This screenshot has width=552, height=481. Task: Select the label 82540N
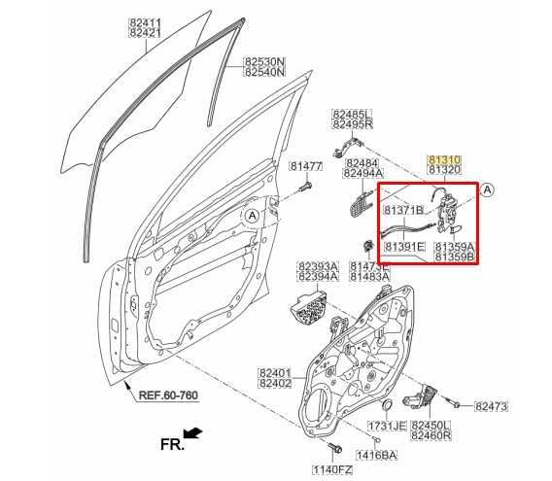pyautogui.click(x=263, y=72)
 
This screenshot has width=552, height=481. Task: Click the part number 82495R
pyautogui.click(x=350, y=124)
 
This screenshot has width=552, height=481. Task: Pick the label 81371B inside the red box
pyautogui.click(x=403, y=210)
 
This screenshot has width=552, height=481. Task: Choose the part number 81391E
pyautogui.click(x=405, y=247)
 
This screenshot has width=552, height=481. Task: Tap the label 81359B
pyautogui.click(x=454, y=258)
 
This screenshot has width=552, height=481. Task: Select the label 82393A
pyautogui.click(x=318, y=264)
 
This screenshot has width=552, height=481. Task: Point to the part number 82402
pyautogui.click(x=275, y=384)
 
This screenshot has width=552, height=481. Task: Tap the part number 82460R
pyautogui.click(x=431, y=436)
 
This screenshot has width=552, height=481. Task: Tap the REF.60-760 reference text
pyautogui.click(x=167, y=395)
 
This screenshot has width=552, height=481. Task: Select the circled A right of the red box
pyautogui.click(x=488, y=189)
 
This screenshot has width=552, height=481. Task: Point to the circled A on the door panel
pyautogui.click(x=253, y=215)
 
